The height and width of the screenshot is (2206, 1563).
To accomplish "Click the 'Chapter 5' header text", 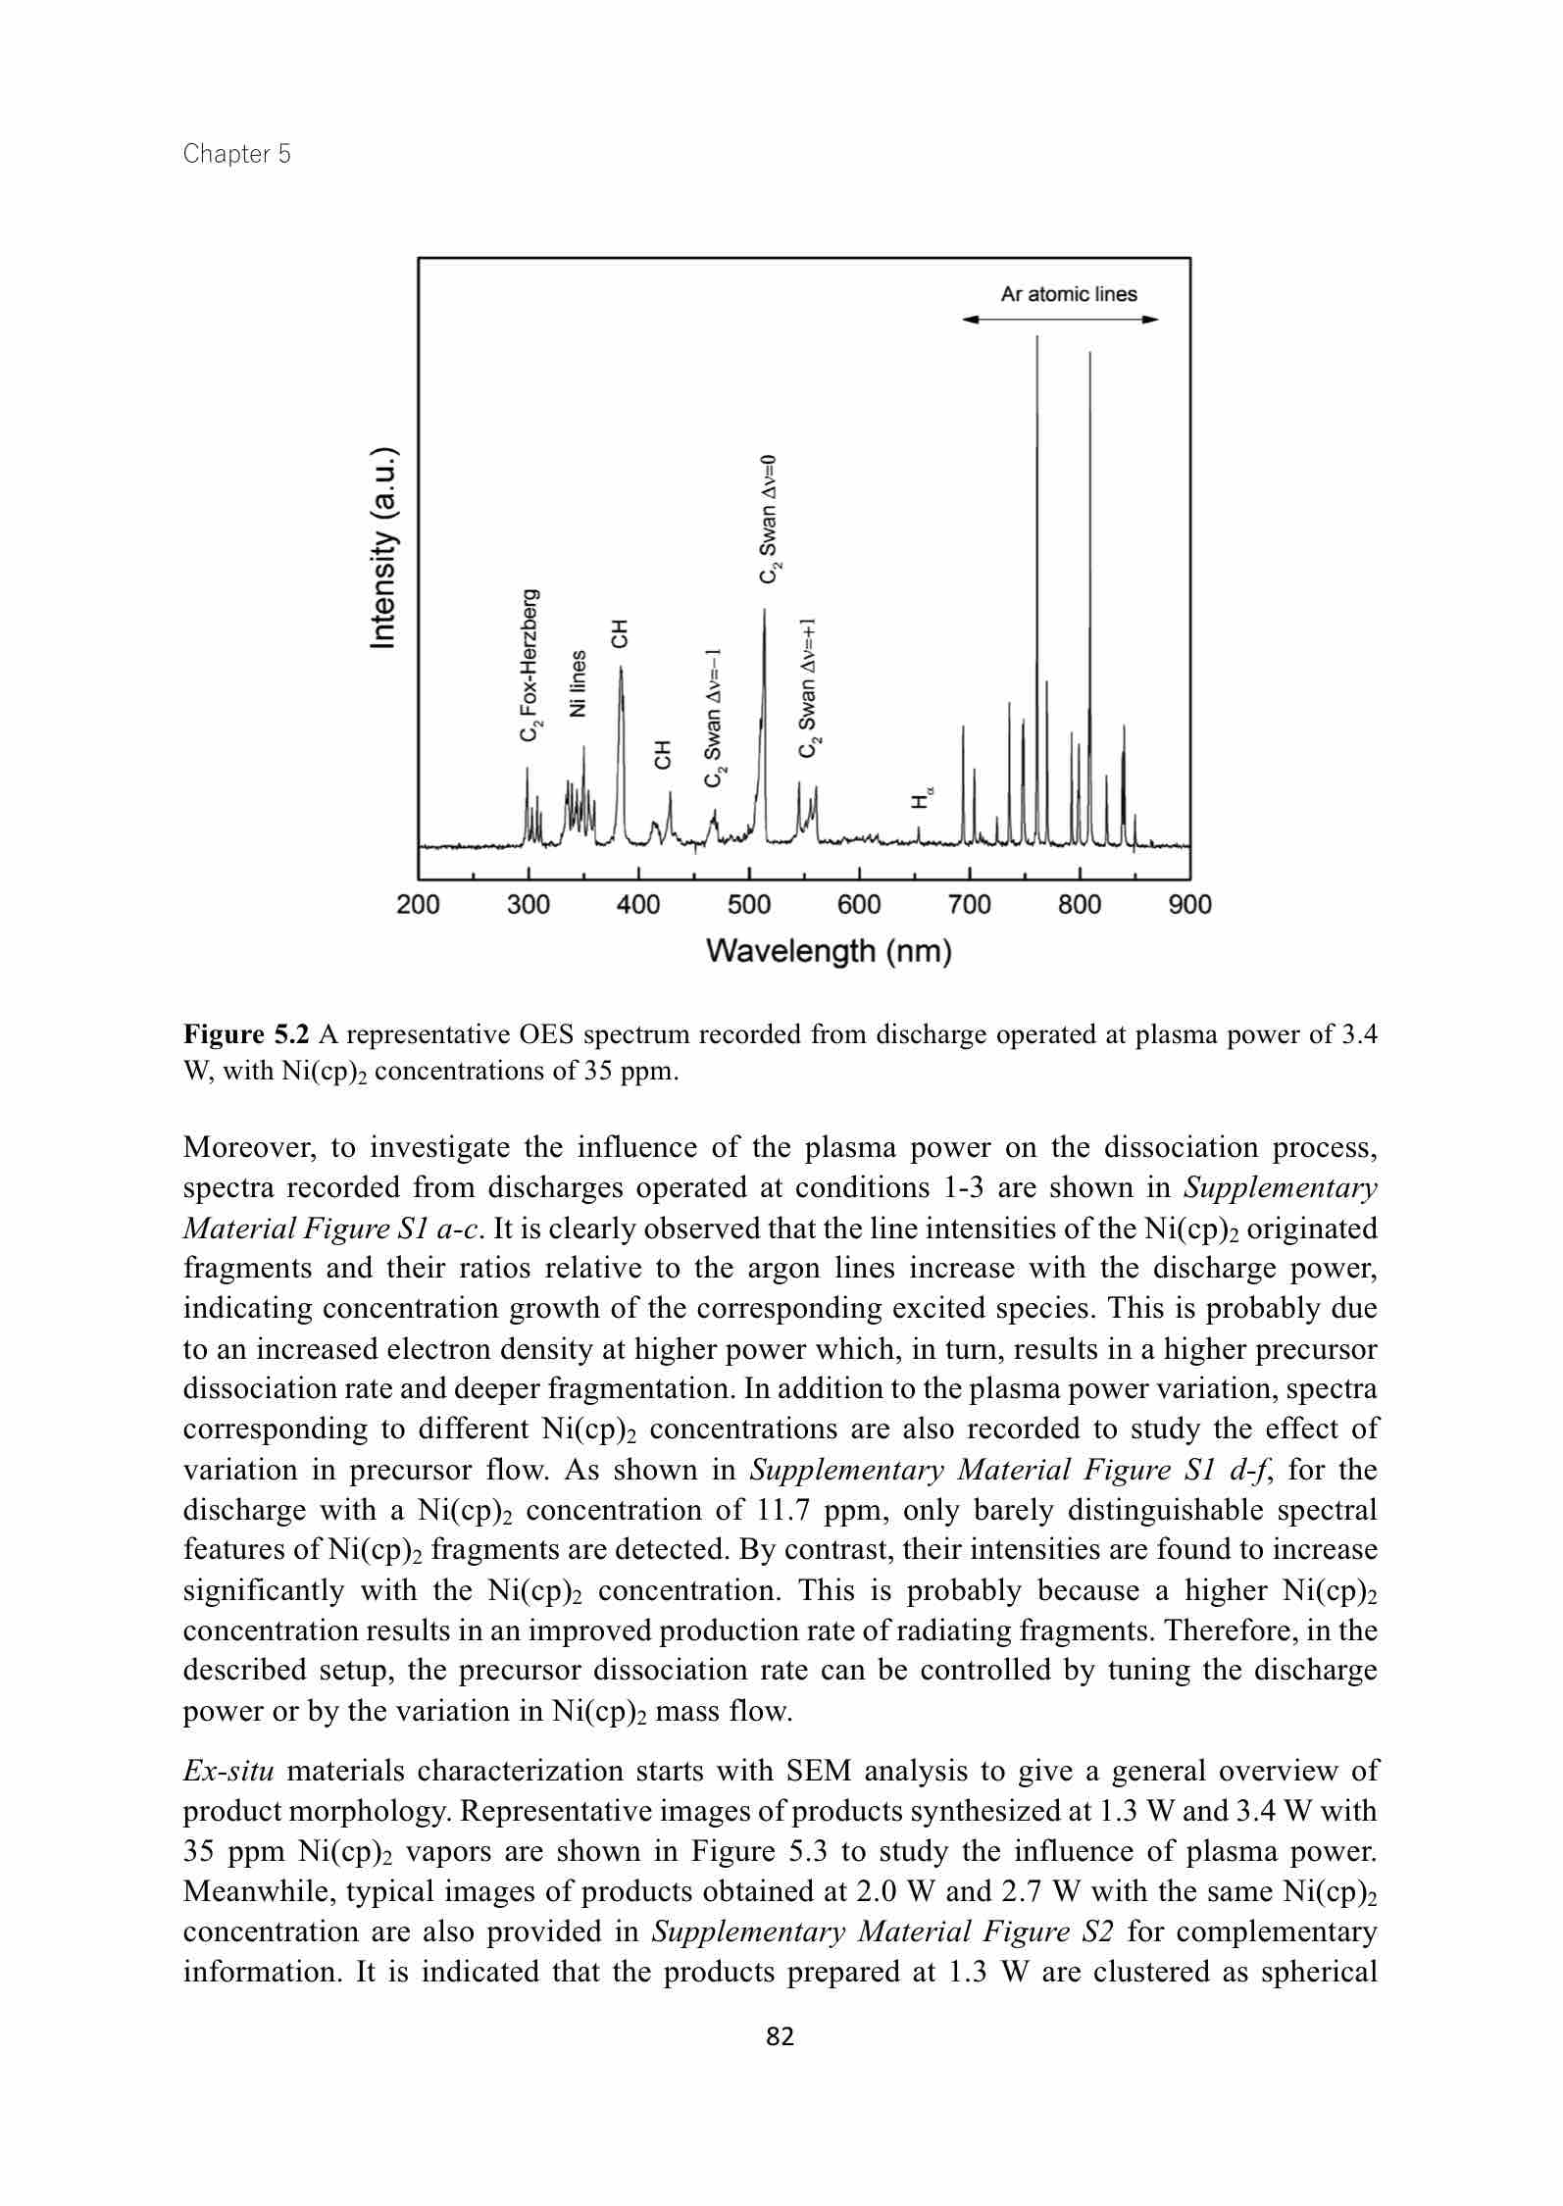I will tap(236, 154).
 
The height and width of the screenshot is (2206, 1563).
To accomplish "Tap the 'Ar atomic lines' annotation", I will tap(1068, 294).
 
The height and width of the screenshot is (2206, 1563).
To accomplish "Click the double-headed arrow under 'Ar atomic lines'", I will tap(1060, 320).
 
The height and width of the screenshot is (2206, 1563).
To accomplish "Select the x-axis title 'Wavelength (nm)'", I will tap(829, 951).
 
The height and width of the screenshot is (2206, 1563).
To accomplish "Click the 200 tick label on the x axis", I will tap(418, 905).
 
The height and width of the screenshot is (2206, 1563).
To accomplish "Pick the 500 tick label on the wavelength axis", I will tap(749, 905).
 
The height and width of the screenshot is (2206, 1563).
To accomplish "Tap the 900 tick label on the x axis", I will tap(1189, 905).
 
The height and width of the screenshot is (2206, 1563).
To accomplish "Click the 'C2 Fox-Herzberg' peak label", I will tap(529, 665).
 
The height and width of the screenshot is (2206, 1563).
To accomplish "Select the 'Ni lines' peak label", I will tap(579, 682).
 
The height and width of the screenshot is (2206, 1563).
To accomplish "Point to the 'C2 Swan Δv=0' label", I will tap(770, 519).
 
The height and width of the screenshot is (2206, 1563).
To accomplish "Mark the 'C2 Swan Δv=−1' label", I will tap(714, 717).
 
